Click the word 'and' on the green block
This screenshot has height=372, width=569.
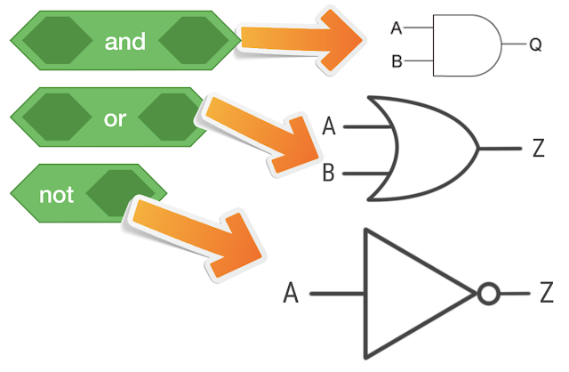[x=125, y=42]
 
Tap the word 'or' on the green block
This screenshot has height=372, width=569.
[x=115, y=118]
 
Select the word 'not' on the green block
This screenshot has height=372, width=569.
[x=57, y=195]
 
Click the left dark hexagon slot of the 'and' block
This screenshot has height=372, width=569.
[x=57, y=40]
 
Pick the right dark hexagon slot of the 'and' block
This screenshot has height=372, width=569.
[x=194, y=40]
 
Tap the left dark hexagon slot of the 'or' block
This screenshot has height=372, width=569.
[x=57, y=117]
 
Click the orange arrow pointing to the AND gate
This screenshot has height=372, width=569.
[x=301, y=40]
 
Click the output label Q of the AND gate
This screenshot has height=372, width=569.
[x=535, y=44]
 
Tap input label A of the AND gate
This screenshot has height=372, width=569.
[x=397, y=28]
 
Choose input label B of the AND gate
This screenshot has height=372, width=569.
[x=397, y=61]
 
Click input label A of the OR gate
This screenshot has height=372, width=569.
[x=329, y=126]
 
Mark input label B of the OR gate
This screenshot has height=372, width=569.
[x=328, y=173]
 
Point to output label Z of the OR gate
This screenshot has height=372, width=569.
[x=539, y=148]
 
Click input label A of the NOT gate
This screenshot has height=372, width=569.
[x=291, y=293]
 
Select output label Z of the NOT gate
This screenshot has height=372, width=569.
[x=547, y=293]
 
